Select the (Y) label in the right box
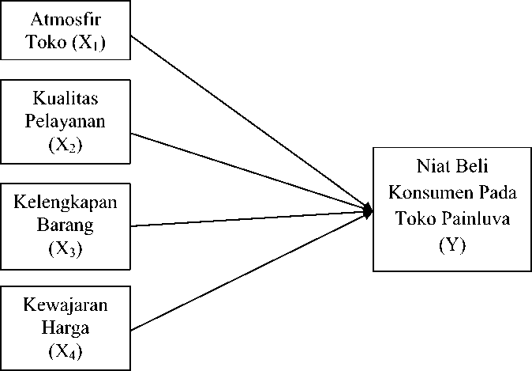point(452,245)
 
